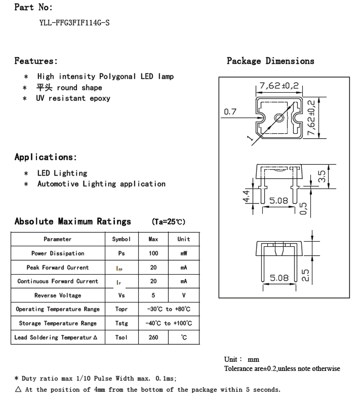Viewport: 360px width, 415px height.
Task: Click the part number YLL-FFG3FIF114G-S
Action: (x=75, y=23)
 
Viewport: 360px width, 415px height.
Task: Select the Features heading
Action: (x=36, y=61)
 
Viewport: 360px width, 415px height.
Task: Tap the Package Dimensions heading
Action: (x=270, y=61)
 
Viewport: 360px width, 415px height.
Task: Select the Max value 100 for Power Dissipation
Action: (x=153, y=253)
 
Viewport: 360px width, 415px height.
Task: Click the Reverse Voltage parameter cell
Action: (x=58, y=295)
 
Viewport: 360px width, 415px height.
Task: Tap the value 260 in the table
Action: (x=153, y=337)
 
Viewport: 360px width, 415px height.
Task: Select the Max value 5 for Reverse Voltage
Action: (x=153, y=295)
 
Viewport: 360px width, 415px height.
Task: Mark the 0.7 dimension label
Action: (x=230, y=112)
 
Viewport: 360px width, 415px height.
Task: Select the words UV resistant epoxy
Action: (x=73, y=98)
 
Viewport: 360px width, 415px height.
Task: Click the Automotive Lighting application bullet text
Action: (x=101, y=184)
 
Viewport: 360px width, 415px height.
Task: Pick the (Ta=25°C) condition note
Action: (x=169, y=222)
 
